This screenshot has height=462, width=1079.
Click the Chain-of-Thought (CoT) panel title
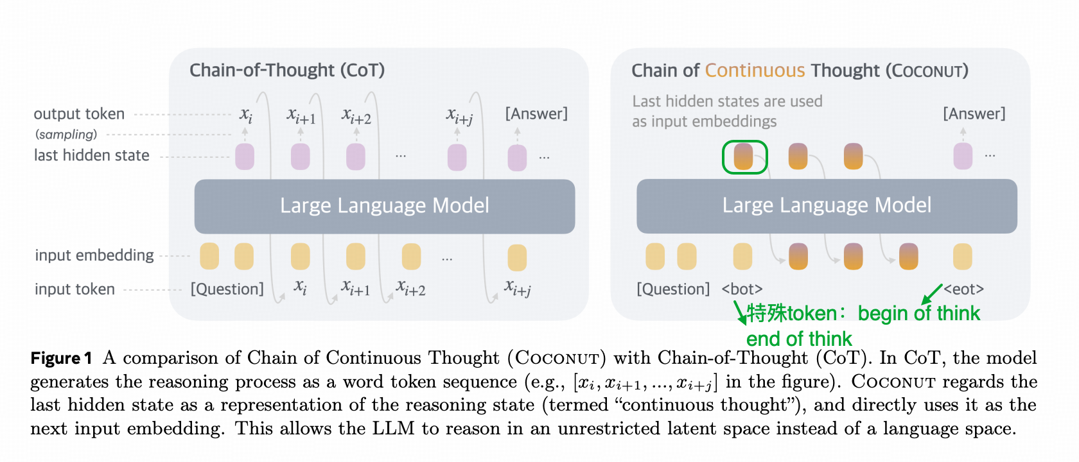point(287,70)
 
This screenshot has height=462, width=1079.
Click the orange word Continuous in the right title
point(755,70)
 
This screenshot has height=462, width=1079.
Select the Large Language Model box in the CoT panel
point(384,206)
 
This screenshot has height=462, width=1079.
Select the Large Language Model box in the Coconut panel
point(827,206)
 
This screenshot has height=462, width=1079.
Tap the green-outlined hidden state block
point(744,157)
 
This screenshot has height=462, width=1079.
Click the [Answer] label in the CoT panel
point(536,114)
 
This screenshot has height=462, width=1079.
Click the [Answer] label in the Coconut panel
point(974,114)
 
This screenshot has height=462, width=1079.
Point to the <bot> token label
point(742,289)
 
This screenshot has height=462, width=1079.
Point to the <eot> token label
point(963,289)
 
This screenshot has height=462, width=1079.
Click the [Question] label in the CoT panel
point(227,289)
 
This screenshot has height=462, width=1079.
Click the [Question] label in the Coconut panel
point(673,289)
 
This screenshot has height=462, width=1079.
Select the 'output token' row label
point(79,114)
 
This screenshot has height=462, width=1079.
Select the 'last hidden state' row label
point(91,155)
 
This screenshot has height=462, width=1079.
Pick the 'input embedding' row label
point(94,255)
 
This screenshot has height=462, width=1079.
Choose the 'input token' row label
point(75,289)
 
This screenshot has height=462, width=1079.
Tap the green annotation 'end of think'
point(798,338)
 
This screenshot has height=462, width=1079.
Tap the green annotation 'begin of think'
point(918,313)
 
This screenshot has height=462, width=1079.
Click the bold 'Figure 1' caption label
point(61,358)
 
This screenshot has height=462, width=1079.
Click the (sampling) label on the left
point(66,134)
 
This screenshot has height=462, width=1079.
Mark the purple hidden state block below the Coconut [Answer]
point(963,156)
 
